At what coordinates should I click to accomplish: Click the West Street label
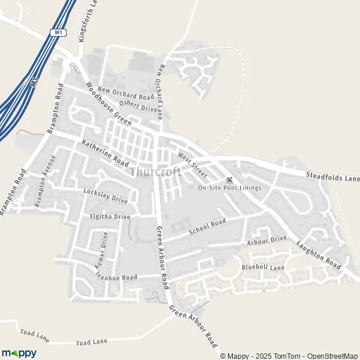[x=192, y=165]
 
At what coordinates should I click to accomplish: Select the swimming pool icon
[x=229, y=180]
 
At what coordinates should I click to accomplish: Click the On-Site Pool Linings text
[x=230, y=188]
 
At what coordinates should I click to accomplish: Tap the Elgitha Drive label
[x=109, y=216]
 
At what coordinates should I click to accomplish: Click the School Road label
[x=207, y=227]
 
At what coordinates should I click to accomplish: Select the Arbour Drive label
[x=268, y=240]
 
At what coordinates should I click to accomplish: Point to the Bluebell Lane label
[x=263, y=266]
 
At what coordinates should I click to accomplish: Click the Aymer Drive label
[x=100, y=252]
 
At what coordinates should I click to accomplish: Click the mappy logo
[x=19, y=353]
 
